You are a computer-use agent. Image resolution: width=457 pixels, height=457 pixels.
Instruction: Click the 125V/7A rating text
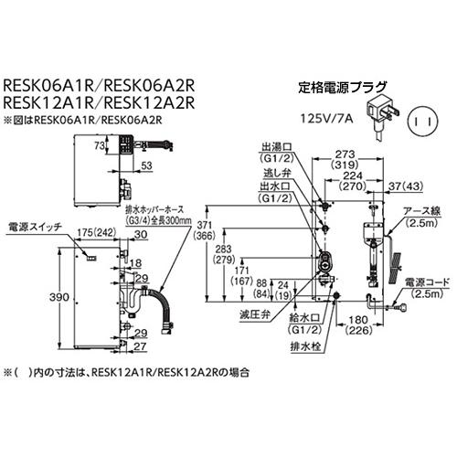(327, 118)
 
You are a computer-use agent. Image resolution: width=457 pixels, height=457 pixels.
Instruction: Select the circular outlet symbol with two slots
(422, 117)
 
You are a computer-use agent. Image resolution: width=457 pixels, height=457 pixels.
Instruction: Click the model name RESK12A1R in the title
(44, 103)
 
